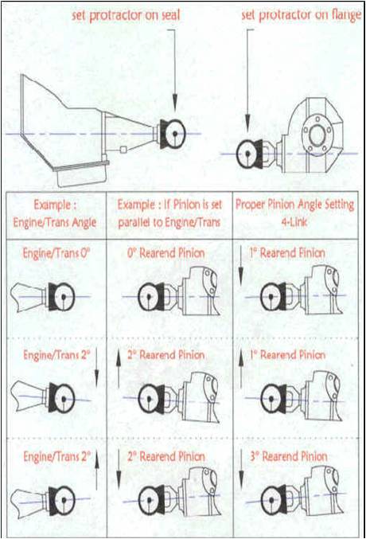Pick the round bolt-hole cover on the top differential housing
pyautogui.click(x=317, y=134)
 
